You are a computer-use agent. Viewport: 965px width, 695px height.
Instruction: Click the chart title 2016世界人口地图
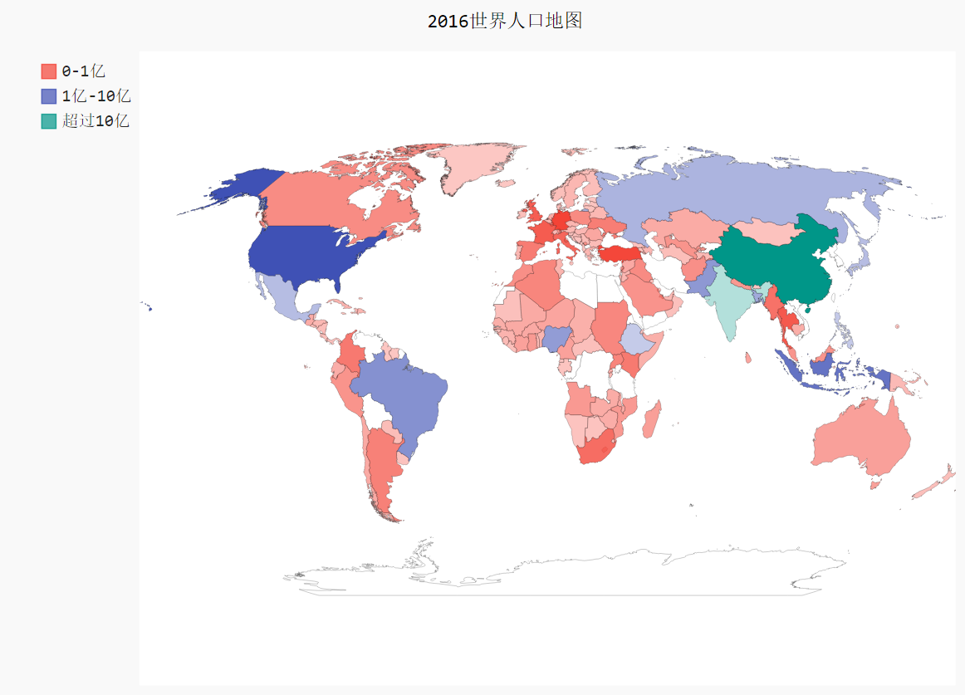[x=504, y=22]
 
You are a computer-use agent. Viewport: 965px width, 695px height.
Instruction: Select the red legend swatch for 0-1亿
[x=49, y=71]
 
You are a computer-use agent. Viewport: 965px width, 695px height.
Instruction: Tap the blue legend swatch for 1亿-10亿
[x=49, y=96]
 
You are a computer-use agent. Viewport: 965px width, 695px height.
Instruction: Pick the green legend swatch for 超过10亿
[x=49, y=121]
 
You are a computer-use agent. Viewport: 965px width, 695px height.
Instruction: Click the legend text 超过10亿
[x=96, y=121]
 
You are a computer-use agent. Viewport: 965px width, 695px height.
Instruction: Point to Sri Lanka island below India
[x=748, y=358]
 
